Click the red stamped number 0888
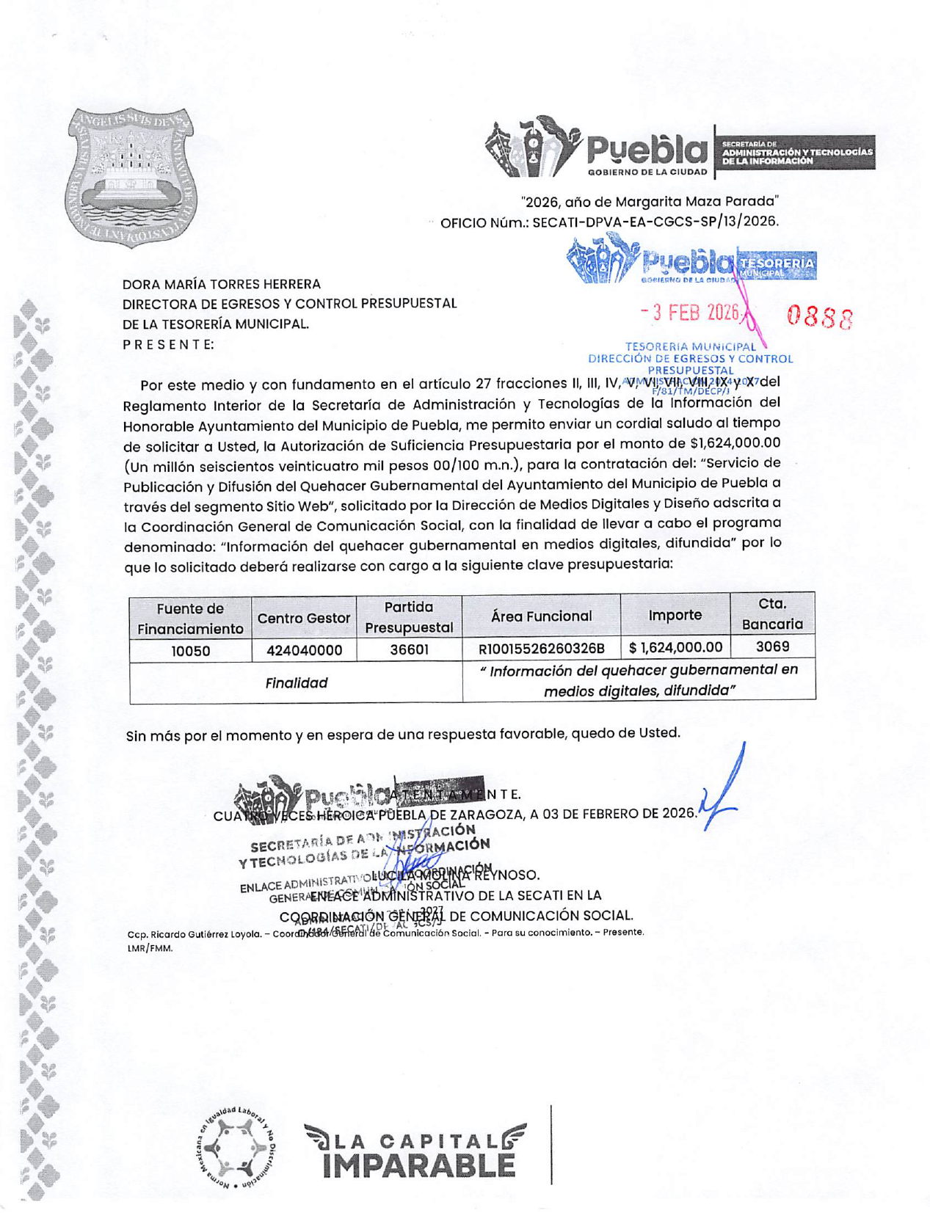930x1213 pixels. (x=819, y=318)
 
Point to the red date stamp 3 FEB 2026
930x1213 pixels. (x=690, y=313)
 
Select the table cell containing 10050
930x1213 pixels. (x=190, y=651)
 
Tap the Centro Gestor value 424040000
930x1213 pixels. (x=304, y=651)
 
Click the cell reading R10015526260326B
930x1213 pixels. (x=541, y=649)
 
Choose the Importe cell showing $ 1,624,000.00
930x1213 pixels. (x=675, y=647)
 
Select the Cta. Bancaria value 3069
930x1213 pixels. (x=772, y=646)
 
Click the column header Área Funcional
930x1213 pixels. (x=541, y=616)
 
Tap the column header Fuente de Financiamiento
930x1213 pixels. (x=190, y=619)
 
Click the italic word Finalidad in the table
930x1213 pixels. (x=296, y=683)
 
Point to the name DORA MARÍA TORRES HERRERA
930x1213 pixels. (x=221, y=284)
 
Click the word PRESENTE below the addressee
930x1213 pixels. (x=168, y=344)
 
